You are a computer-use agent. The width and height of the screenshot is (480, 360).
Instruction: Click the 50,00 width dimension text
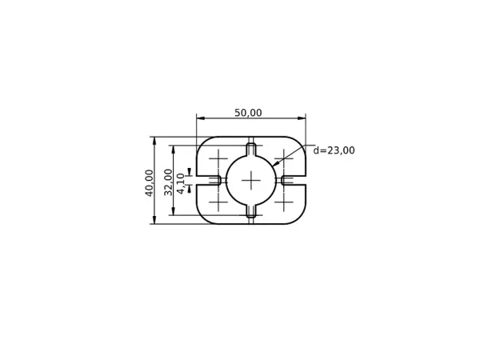pyautogui.click(x=248, y=114)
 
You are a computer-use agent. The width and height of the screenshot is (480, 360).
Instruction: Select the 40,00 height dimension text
pyautogui.click(x=150, y=182)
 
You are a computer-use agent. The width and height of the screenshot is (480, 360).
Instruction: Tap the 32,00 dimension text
pyautogui.click(x=169, y=182)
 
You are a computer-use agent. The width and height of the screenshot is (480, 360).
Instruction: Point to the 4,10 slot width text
pyautogui.click(x=181, y=183)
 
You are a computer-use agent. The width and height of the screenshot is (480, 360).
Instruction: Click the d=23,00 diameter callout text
pyautogui.click(x=334, y=150)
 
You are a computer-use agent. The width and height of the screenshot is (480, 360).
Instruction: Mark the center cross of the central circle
pyautogui.click(x=251, y=180)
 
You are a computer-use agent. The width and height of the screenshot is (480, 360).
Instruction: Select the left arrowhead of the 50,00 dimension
pyautogui.click(x=200, y=118)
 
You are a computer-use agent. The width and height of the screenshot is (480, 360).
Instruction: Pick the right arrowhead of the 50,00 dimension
pyautogui.click(x=302, y=118)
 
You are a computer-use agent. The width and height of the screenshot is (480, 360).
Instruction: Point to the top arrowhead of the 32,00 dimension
pyautogui.click(x=174, y=149)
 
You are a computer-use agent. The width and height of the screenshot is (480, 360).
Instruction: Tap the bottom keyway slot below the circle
pyautogui.click(x=251, y=211)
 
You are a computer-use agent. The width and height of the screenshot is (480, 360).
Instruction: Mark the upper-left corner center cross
pyautogui.click(x=218, y=158)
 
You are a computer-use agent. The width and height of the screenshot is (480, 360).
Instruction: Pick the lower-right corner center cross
pyautogui.click(x=284, y=202)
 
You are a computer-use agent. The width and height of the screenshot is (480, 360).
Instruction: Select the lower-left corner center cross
pyautogui.click(x=218, y=202)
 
